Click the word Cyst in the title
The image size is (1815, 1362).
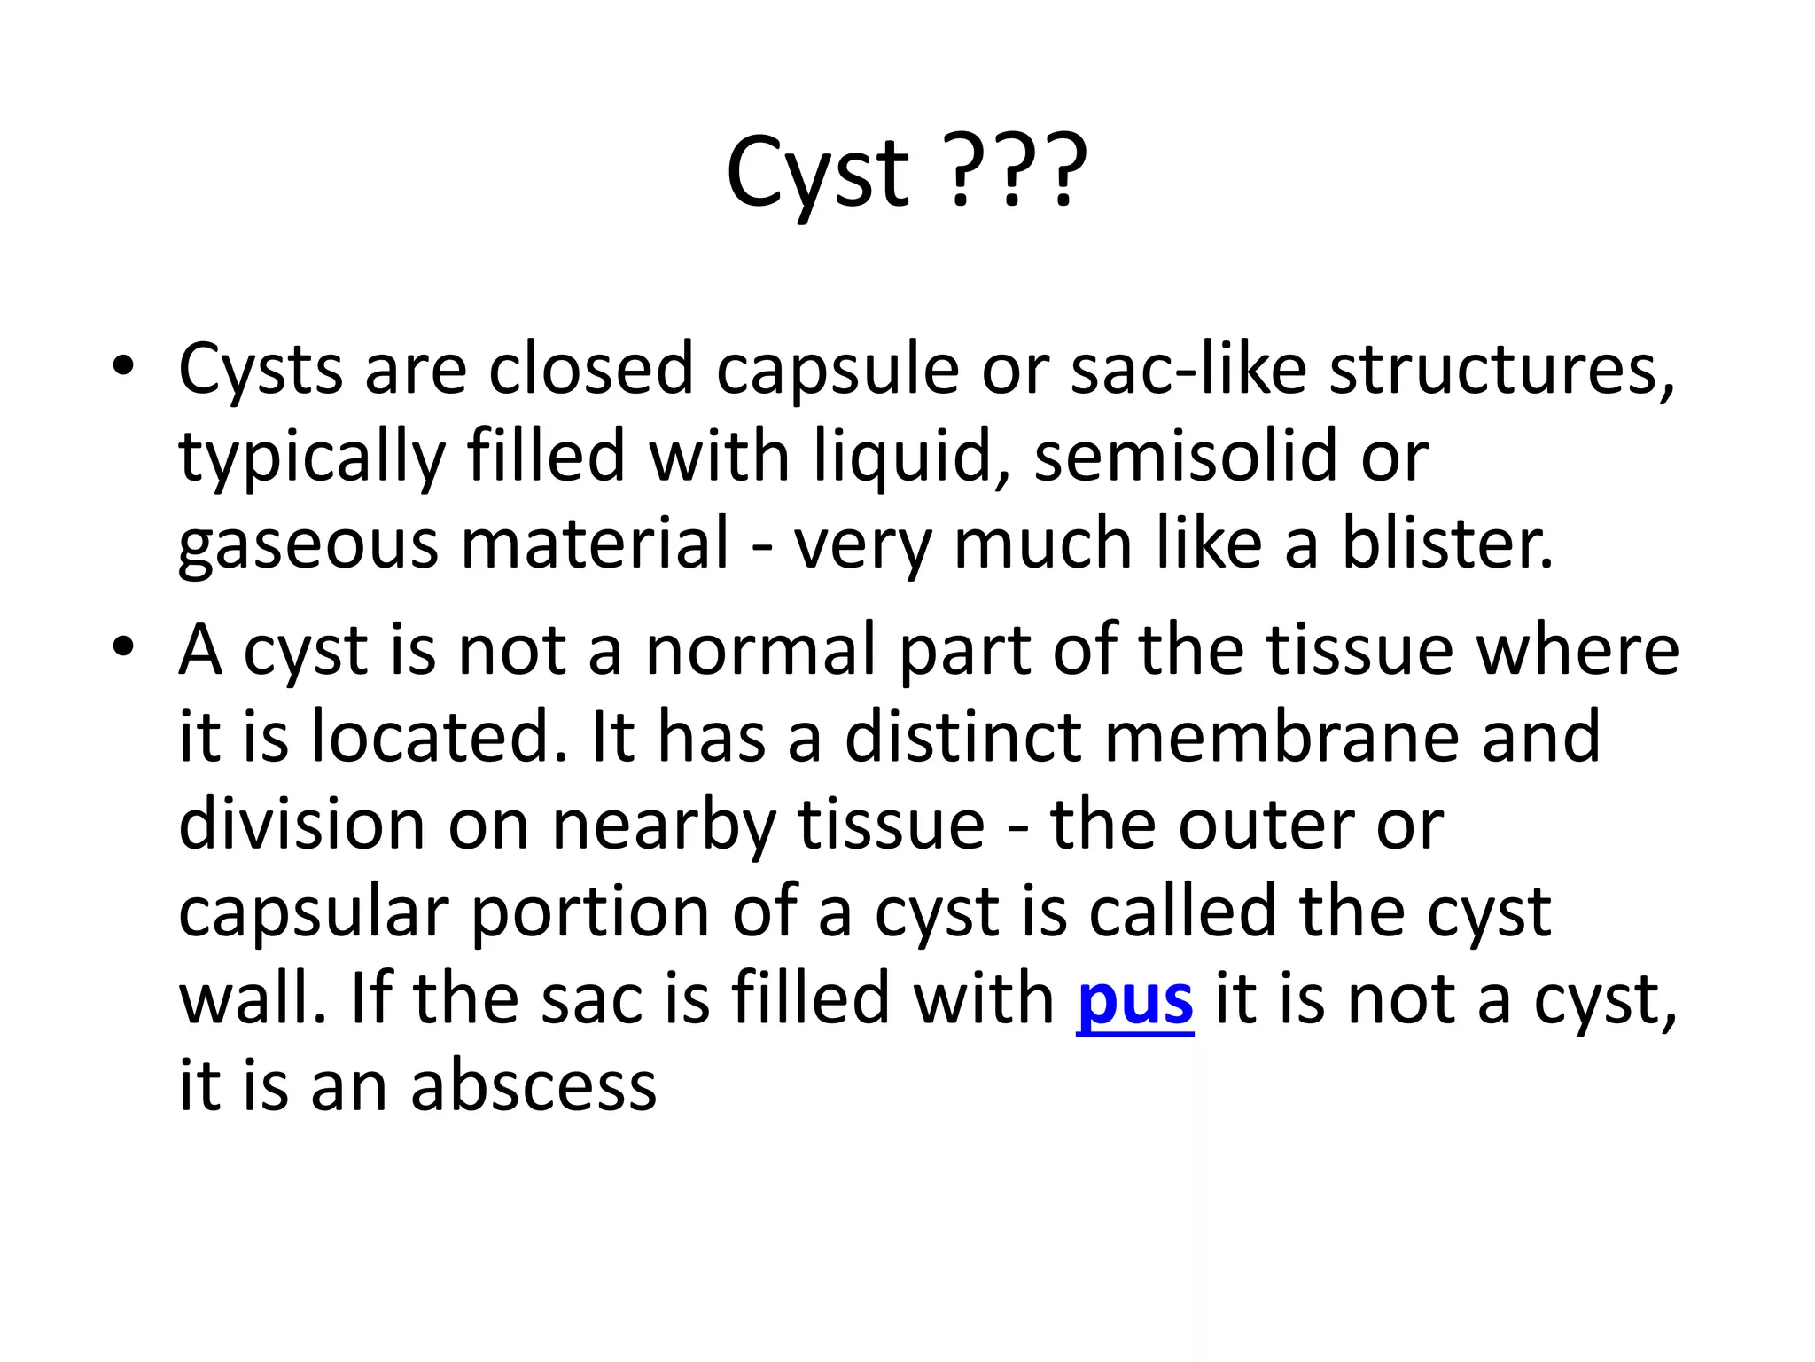click(x=816, y=173)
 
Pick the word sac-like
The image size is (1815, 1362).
click(x=1188, y=368)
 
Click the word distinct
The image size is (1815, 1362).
click(x=962, y=737)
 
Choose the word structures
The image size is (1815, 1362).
click(x=1501, y=369)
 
